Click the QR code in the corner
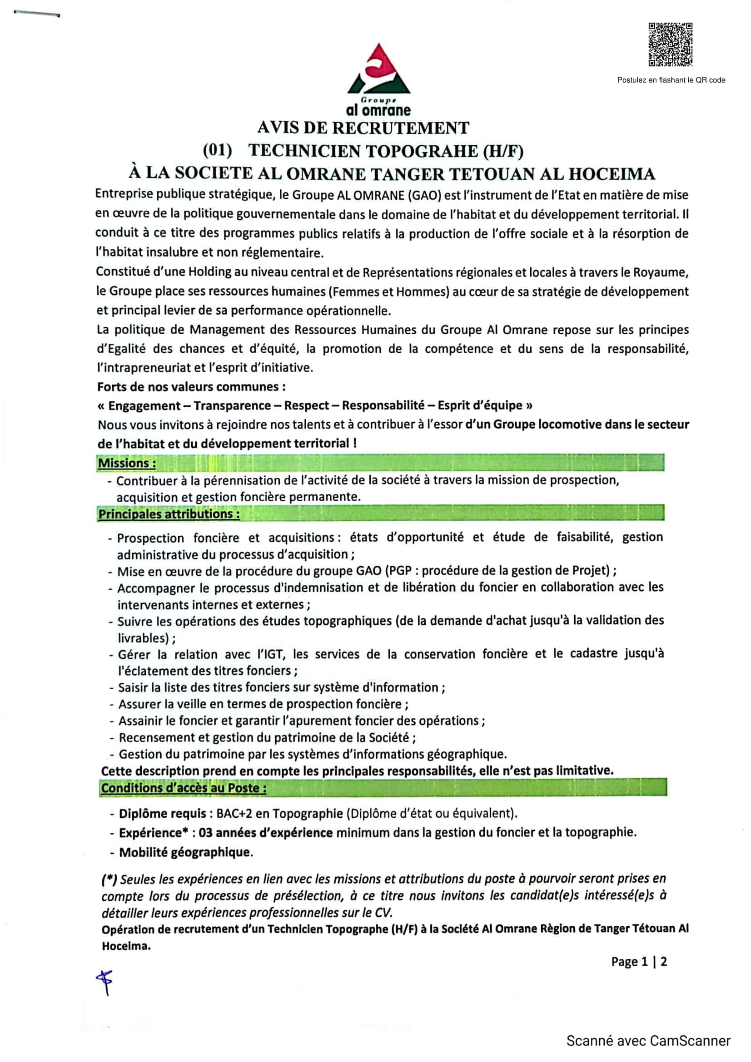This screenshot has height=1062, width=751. tap(670, 45)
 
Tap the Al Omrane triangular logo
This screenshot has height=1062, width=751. tap(378, 69)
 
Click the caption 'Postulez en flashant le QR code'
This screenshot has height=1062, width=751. tap(671, 80)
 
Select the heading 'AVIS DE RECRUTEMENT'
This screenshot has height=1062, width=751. tap(363, 128)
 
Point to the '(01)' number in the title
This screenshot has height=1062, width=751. tap(218, 150)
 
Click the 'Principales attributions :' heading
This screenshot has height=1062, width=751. tap(169, 514)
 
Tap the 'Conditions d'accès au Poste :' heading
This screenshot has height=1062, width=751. tap(184, 788)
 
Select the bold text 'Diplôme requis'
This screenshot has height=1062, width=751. tap(162, 814)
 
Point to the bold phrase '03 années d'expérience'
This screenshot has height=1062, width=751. tap(266, 833)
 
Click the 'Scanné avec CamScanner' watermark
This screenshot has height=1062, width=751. tap(648, 1041)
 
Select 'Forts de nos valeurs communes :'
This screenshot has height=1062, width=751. tap(191, 387)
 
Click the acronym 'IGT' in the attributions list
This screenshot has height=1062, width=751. tap(275, 655)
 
